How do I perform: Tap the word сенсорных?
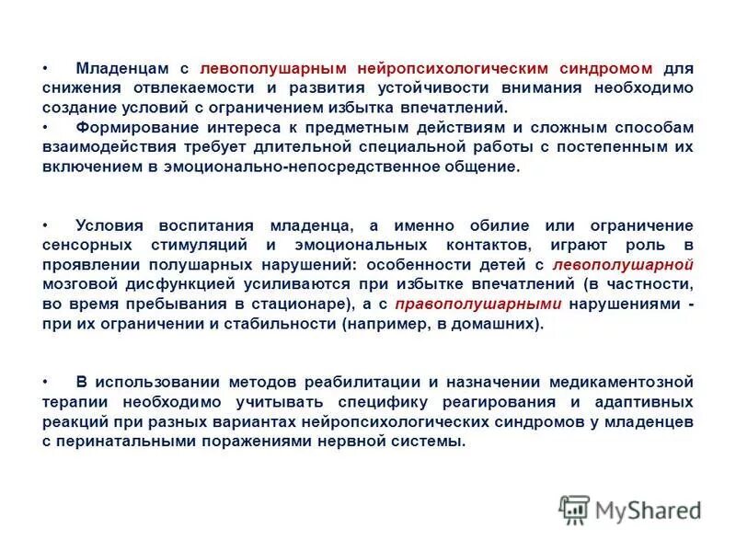pos(81,246)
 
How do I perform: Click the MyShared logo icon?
pos(575,509)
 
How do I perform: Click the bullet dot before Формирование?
pos(46,128)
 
